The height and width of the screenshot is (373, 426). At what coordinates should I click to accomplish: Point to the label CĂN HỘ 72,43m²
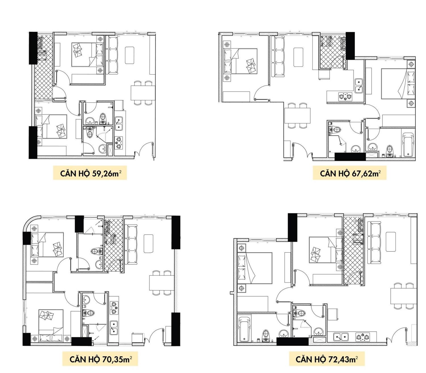(327, 359)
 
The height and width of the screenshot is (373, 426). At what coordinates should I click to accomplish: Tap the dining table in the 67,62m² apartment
(297, 115)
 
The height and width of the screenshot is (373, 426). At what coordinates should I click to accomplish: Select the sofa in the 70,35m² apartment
(131, 244)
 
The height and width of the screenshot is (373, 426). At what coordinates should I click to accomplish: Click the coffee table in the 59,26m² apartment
(130, 55)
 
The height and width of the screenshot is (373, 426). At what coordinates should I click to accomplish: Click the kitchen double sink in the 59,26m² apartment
(119, 124)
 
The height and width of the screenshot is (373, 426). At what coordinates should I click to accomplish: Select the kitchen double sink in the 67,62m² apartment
(359, 86)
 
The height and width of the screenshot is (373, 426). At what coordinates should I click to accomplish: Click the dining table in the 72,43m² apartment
(404, 296)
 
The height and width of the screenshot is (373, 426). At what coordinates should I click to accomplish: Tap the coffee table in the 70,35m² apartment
(148, 243)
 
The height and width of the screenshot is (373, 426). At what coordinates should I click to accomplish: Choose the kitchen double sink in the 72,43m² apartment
(341, 337)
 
